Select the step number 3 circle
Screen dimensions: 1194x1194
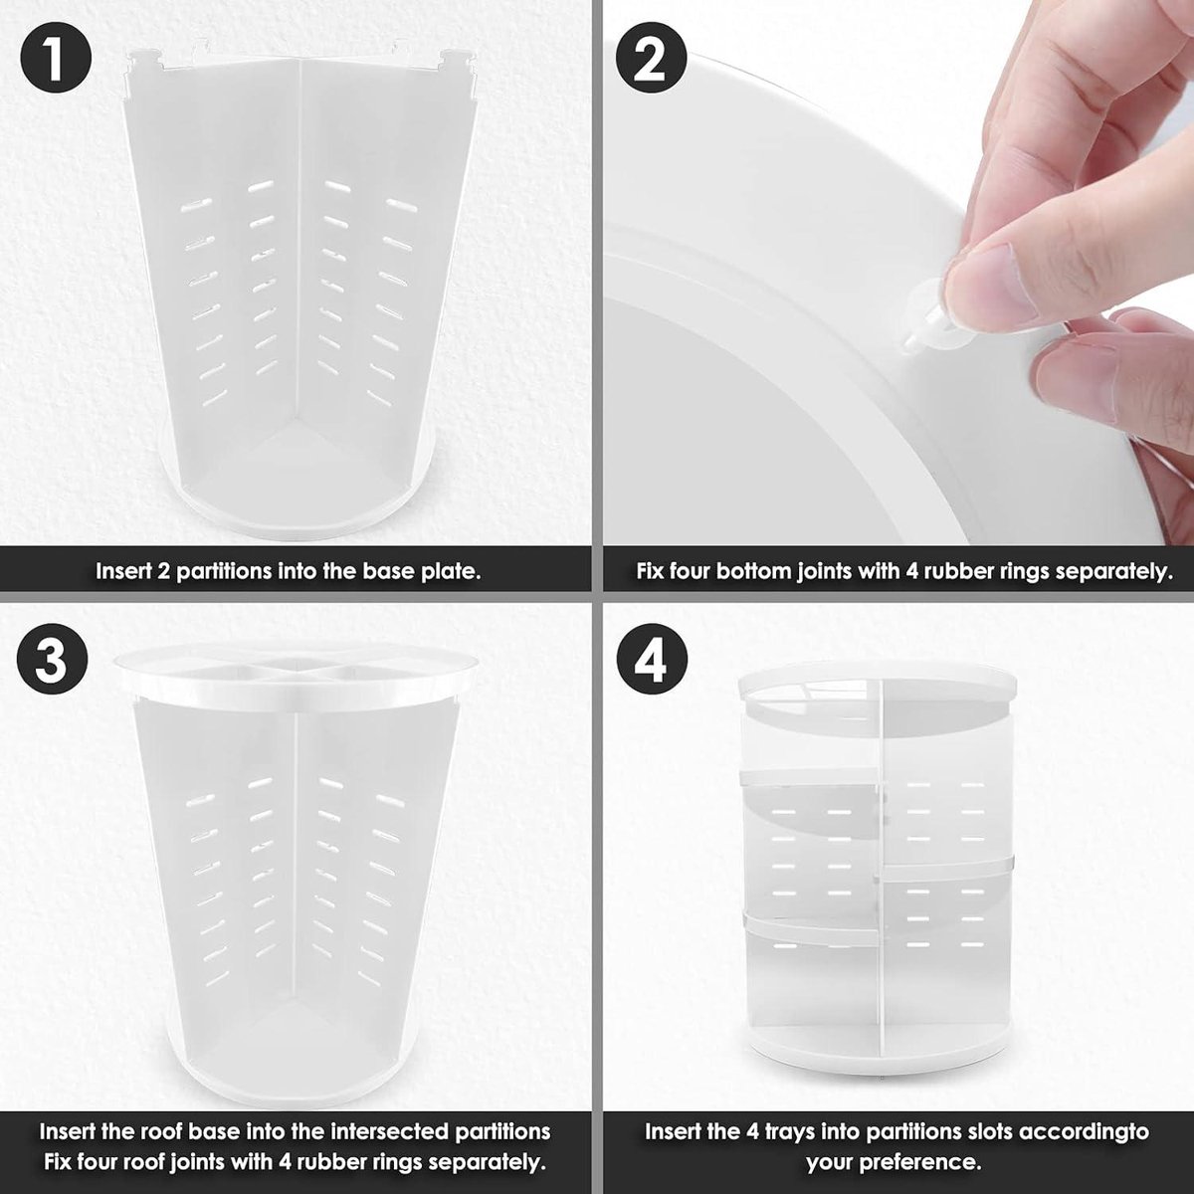coord(52,661)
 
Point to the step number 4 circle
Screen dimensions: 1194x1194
coord(652,661)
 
